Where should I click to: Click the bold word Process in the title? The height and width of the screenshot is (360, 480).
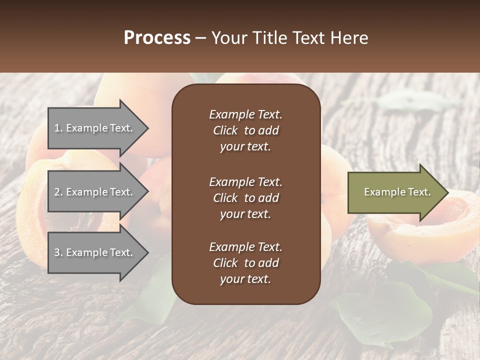pyautogui.click(x=157, y=38)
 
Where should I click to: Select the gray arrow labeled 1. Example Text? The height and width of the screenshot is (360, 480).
pyautogui.click(x=95, y=128)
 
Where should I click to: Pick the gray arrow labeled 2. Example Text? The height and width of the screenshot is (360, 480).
pyautogui.click(x=95, y=192)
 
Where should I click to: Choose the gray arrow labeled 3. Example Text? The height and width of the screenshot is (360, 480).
pyautogui.click(x=95, y=252)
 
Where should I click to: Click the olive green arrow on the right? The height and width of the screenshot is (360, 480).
pyautogui.click(x=395, y=192)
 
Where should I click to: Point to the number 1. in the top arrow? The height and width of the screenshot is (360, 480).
pyautogui.click(x=58, y=128)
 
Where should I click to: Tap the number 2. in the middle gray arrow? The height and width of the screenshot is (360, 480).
pyautogui.click(x=58, y=192)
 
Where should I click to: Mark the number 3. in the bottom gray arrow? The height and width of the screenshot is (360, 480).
pyautogui.click(x=58, y=252)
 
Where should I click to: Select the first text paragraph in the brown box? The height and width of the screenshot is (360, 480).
pyautogui.click(x=245, y=130)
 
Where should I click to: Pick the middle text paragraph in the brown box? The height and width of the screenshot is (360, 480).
pyautogui.click(x=245, y=197)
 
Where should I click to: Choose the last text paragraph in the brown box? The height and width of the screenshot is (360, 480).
pyautogui.click(x=245, y=263)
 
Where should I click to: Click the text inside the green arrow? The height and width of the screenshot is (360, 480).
pyautogui.click(x=397, y=192)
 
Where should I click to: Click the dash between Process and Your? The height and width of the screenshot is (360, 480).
pyautogui.click(x=201, y=38)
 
